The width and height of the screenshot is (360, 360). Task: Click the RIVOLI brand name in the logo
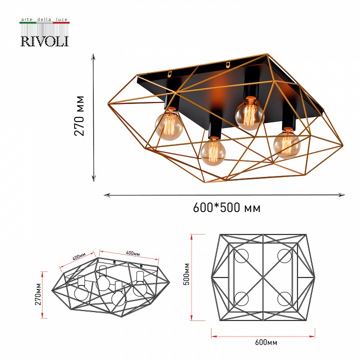[44, 41]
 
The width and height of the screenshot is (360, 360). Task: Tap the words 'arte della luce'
[44, 19]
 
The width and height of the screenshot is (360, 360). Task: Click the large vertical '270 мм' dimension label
[79, 115]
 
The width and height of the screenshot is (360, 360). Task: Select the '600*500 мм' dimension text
[227, 208]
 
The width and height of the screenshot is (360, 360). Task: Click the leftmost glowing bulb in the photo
[169, 125]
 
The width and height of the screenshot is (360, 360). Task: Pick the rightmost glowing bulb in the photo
[287, 144]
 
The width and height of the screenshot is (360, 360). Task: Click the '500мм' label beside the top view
[187, 274]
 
